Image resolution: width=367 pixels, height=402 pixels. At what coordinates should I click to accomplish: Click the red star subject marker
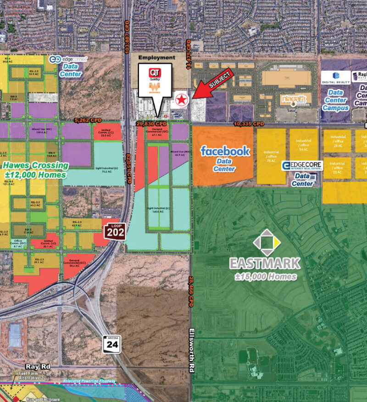click(x=181, y=99)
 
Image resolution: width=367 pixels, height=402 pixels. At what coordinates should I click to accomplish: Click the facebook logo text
click(x=225, y=151)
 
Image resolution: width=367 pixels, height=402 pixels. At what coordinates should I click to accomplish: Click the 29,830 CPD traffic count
click(x=151, y=124)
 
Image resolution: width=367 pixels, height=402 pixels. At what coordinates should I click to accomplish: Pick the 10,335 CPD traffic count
click(x=249, y=124)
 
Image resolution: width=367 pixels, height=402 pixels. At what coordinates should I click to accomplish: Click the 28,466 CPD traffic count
click(x=189, y=292)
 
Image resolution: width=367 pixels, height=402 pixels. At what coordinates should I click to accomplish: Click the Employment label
click(x=156, y=58)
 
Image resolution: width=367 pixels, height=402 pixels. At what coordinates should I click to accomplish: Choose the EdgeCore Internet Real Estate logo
click(x=302, y=166)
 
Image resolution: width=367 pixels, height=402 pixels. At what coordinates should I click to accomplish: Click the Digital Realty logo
click(x=335, y=78)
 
